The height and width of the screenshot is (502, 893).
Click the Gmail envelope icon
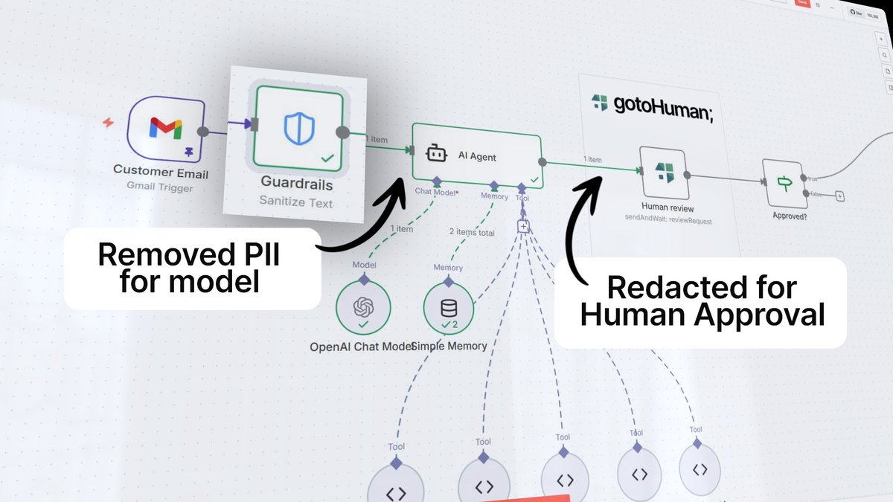point(165,129)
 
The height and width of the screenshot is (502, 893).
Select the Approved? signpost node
point(784,183)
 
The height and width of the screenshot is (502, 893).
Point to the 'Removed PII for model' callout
point(192,268)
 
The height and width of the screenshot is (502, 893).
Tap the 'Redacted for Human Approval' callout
point(701,302)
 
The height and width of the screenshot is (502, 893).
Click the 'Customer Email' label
point(160,172)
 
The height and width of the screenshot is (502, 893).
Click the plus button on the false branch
point(839,196)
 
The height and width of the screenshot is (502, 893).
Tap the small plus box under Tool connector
point(524,226)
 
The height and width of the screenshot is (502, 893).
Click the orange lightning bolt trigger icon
point(109,122)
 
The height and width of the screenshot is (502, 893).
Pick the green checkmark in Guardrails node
point(326,158)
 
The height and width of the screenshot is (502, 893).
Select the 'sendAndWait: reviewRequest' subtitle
point(668,221)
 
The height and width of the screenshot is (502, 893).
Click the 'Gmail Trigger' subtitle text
point(159,187)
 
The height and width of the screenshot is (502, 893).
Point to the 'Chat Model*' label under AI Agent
point(436,193)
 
